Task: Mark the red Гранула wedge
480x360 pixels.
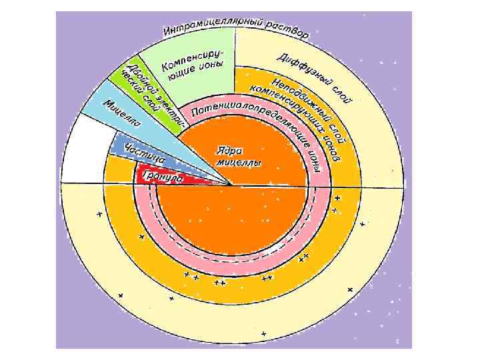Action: point(180,179)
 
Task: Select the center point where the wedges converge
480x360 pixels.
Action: point(231,185)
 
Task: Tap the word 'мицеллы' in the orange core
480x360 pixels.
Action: point(238,163)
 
